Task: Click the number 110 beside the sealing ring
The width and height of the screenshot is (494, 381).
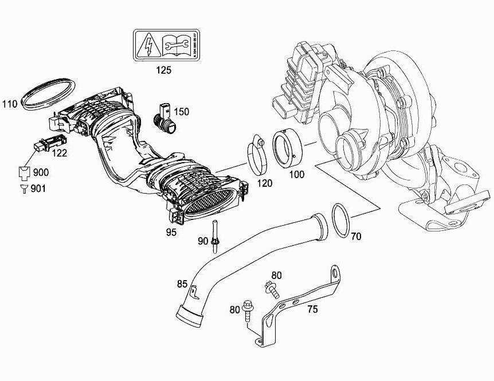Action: (x=10, y=104)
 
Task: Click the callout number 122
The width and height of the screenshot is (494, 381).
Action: (x=60, y=153)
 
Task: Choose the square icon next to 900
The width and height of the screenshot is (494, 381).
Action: (x=24, y=172)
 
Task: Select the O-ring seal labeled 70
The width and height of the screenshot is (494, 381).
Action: (x=340, y=220)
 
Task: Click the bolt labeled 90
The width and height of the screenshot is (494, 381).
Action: (x=214, y=235)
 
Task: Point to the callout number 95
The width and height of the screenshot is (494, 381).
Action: (x=171, y=232)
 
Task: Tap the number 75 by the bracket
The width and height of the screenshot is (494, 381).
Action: (x=313, y=309)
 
